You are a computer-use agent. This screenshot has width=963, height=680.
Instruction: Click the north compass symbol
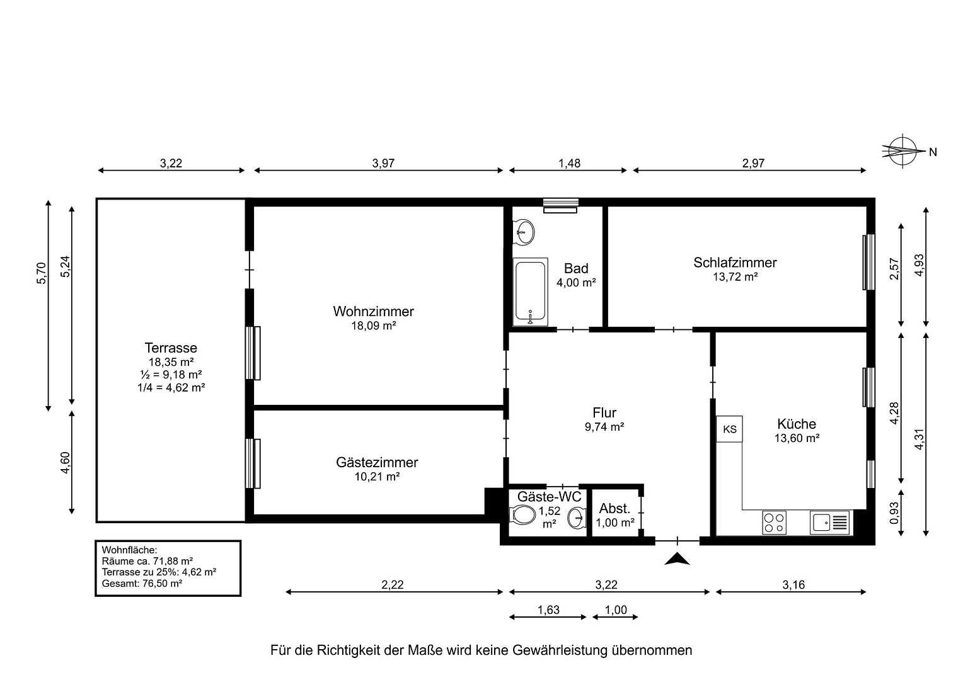tap(902, 151)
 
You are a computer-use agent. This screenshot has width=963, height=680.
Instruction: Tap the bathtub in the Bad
tap(529, 292)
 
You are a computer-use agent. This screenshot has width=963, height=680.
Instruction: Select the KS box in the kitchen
tap(729, 429)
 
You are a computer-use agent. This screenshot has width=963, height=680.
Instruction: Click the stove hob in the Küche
tap(774, 522)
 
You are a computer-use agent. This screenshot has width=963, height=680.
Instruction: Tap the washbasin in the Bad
tap(524, 232)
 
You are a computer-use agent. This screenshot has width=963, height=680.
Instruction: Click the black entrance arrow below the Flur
tap(678, 558)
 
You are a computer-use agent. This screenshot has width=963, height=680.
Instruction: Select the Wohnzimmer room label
tap(373, 311)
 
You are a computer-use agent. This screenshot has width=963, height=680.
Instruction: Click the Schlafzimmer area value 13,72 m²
tap(735, 276)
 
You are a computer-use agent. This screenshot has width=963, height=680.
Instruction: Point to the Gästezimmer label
tap(377, 462)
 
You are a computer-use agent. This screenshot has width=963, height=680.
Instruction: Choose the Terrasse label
tap(171, 348)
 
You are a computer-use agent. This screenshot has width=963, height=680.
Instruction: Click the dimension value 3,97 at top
tap(383, 163)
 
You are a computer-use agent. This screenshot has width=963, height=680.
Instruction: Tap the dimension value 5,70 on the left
tap(42, 273)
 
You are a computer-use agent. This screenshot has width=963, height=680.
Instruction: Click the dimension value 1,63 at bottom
tap(548, 609)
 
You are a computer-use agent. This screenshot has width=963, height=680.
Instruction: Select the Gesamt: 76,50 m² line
tap(142, 583)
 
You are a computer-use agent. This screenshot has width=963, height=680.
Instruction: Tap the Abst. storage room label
tap(614, 509)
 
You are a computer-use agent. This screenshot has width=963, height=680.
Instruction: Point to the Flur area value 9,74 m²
tap(604, 426)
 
